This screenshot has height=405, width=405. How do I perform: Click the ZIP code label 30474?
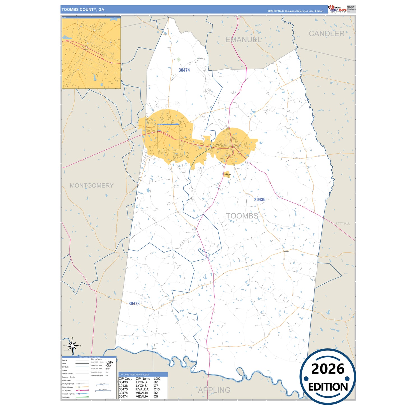pyautogui.click(x=184, y=70)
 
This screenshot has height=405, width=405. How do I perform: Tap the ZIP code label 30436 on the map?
pyautogui.click(x=260, y=200)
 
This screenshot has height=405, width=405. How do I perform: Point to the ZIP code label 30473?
pyautogui.click(x=134, y=304)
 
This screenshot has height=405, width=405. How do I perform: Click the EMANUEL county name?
pyautogui.click(x=243, y=40)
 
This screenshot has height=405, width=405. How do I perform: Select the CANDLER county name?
pyautogui.click(x=327, y=34)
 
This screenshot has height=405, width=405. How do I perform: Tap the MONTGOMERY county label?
pyautogui.click(x=91, y=186)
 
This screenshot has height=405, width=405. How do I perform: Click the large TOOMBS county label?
pyautogui.click(x=242, y=216)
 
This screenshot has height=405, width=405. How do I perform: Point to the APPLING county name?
pyautogui.click(x=214, y=390)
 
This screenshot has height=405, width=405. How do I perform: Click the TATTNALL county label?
pyautogui.click(x=342, y=223)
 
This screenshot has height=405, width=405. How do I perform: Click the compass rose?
pyautogui.click(x=72, y=346)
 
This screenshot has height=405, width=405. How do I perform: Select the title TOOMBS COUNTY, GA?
pyautogui.click(x=83, y=10)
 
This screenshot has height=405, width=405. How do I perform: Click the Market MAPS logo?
pyautogui.click(x=337, y=9)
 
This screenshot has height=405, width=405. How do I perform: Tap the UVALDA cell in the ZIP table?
pyautogui.click(x=142, y=389)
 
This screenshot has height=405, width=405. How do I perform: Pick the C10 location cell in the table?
pyautogui.click(x=157, y=389)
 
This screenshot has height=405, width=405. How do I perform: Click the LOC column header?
pyautogui.click(x=157, y=379)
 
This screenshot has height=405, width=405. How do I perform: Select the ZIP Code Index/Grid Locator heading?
pyautogui.click(x=134, y=374)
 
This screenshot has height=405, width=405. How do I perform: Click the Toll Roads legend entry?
pyautogui.click(x=66, y=397)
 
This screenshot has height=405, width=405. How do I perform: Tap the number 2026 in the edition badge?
pyautogui.click(x=328, y=369)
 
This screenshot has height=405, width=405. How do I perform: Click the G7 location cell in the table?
pyautogui.click(x=156, y=386)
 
